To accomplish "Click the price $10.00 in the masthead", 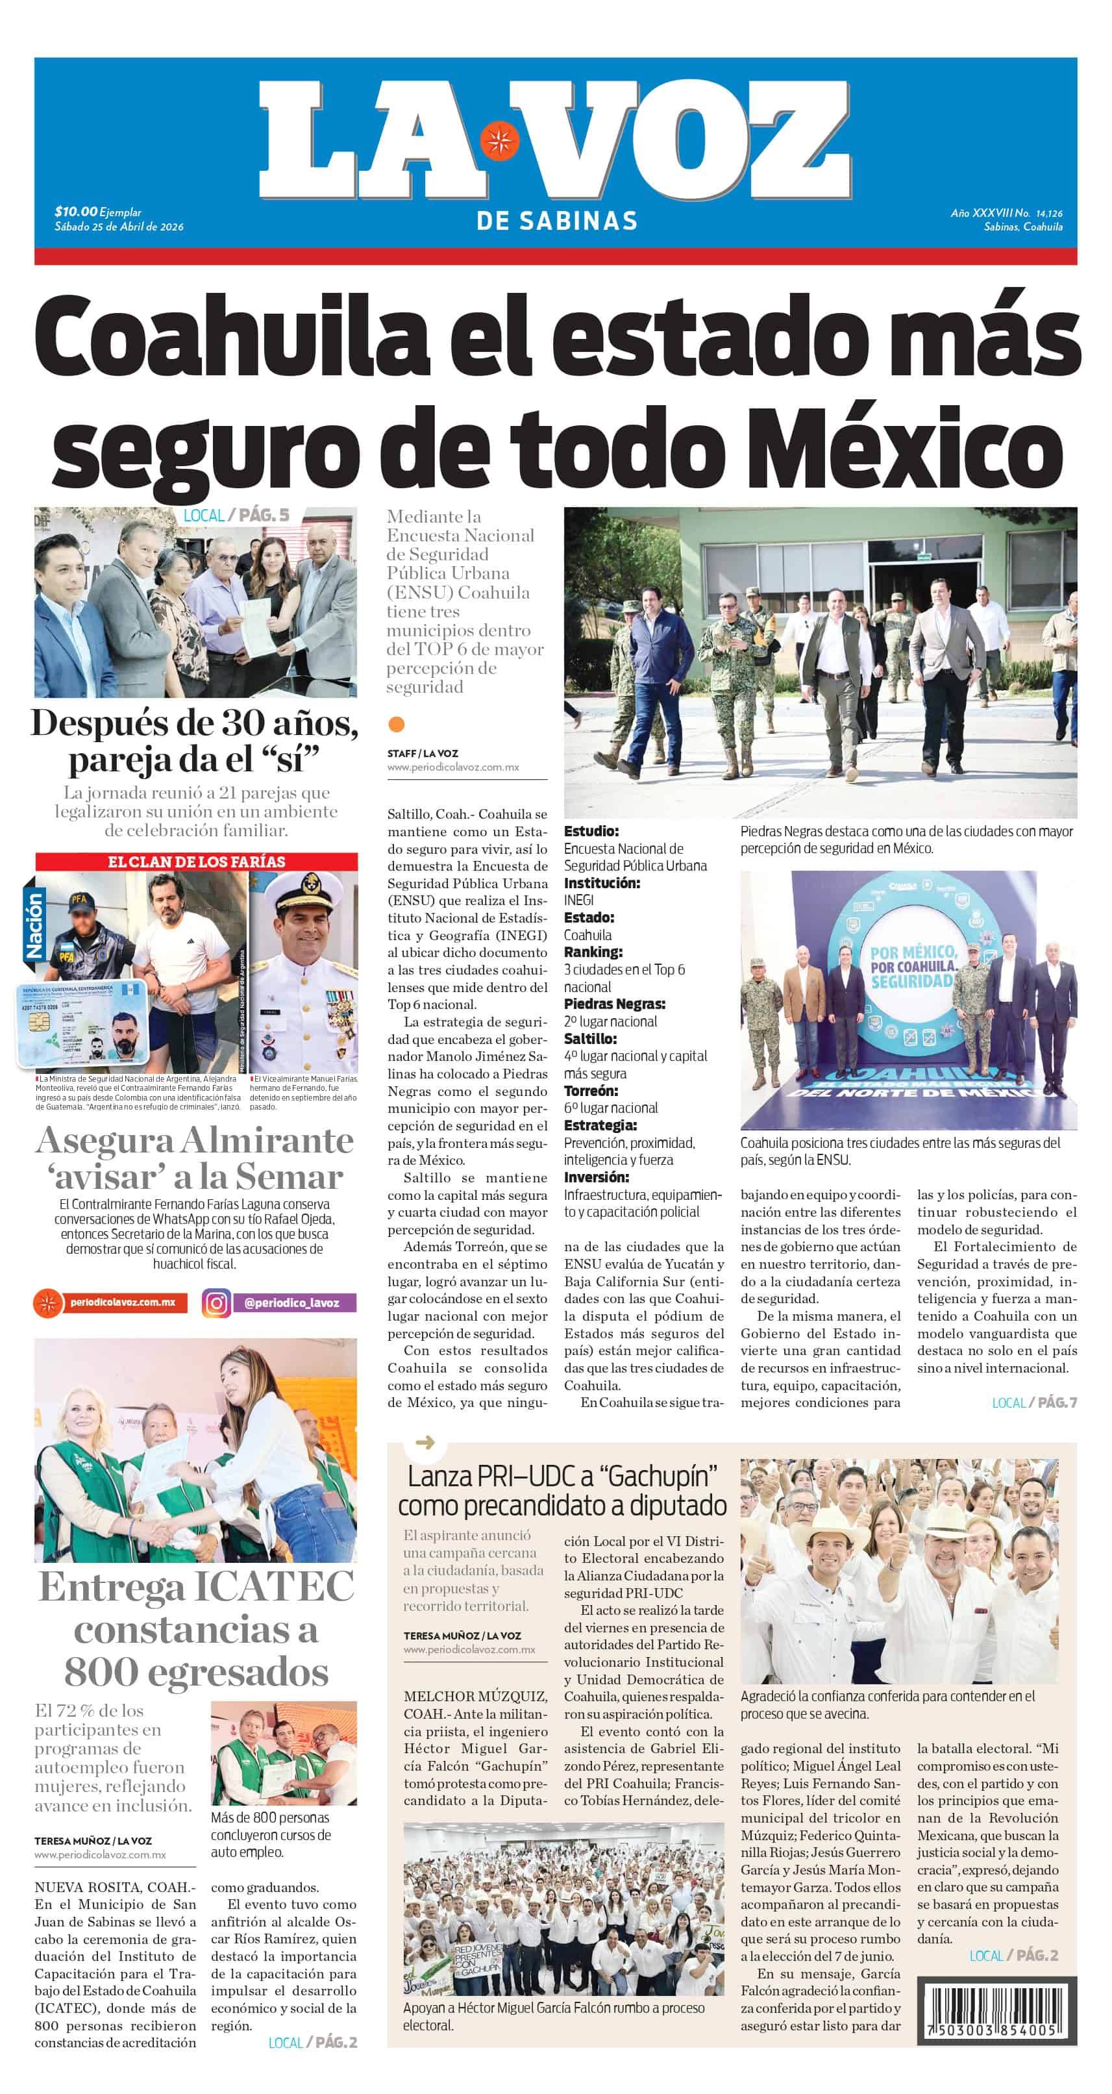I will point(75,212).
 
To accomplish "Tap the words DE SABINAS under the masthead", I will point(557,220).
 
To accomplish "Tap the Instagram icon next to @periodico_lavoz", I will point(216,1303).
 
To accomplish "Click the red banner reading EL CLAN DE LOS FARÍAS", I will point(196,862).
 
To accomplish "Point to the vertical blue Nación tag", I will point(34,926).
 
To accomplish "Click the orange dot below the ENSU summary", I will point(397,723).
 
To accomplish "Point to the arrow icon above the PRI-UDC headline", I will point(425,1443).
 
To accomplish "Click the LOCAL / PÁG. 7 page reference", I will point(1034,1402).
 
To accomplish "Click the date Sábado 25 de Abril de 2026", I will point(119,227).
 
